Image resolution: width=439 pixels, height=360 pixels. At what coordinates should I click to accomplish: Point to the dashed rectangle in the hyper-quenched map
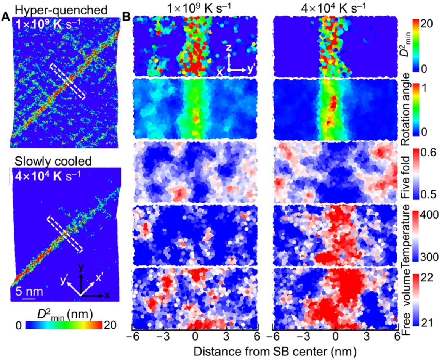coord(67,80)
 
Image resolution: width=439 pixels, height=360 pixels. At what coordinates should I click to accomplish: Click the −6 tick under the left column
coord(134,336)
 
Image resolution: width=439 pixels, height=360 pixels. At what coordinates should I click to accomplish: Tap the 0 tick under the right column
coord(335,336)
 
